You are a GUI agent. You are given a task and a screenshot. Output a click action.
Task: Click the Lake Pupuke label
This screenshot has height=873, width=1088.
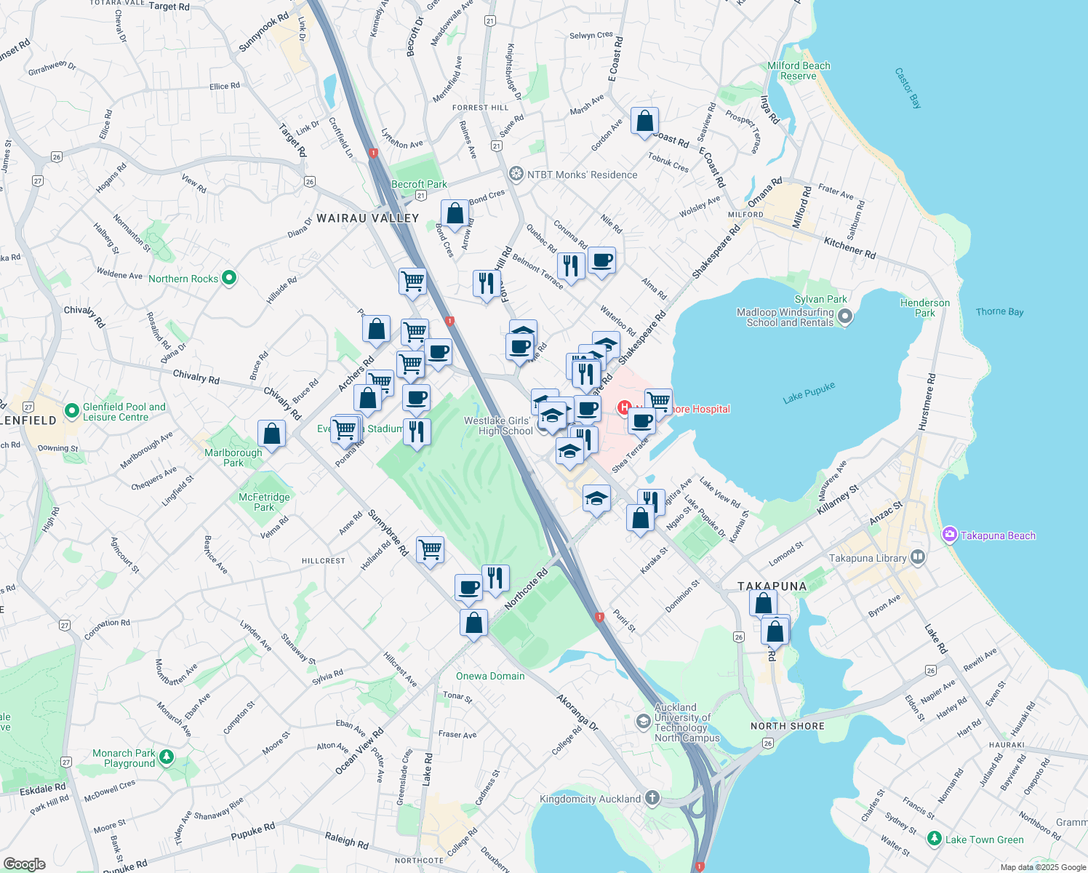tap(809, 394)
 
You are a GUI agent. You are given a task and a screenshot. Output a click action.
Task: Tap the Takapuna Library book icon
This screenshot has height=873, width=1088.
tap(918, 558)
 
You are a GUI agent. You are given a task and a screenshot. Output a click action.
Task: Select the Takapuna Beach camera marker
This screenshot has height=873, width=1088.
tap(949, 535)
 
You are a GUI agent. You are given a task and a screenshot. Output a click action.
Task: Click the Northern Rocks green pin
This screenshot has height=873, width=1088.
tap(229, 278)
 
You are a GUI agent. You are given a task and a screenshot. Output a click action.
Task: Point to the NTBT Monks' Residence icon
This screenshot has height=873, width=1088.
tap(516, 174)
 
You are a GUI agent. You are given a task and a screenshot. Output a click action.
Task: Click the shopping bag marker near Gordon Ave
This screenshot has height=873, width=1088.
tap(644, 121)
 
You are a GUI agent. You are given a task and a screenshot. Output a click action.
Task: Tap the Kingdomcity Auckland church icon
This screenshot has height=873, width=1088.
tap(652, 799)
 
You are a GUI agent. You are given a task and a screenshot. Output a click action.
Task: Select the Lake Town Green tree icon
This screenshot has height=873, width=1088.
tap(935, 839)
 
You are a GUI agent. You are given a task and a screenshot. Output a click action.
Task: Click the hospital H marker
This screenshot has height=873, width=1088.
tap(624, 407)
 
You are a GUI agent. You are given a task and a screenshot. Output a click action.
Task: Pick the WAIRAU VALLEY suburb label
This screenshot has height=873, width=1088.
tap(367, 218)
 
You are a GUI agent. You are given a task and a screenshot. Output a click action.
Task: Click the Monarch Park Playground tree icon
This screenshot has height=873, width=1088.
tap(167, 758)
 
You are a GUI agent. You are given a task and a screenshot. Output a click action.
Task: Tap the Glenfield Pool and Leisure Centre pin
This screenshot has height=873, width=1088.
tap(71, 411)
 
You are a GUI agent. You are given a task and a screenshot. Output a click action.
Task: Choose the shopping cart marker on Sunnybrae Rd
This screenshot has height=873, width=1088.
tap(430, 549)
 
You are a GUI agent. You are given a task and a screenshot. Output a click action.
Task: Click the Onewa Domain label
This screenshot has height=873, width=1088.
tap(490, 676)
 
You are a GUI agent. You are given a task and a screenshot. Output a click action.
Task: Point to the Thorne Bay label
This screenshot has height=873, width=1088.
tap(999, 311)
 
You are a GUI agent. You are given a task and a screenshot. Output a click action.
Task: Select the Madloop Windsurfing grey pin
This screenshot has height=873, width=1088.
tap(844, 316)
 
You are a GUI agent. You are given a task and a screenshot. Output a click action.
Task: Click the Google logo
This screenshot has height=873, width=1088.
tap(24, 864)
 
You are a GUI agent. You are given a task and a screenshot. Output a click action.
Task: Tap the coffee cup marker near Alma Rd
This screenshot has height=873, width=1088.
tap(601, 260)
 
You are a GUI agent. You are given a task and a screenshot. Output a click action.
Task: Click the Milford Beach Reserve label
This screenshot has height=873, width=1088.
tap(799, 71)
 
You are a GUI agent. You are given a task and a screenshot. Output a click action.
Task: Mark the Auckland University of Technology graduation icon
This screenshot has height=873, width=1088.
tap(643, 721)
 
